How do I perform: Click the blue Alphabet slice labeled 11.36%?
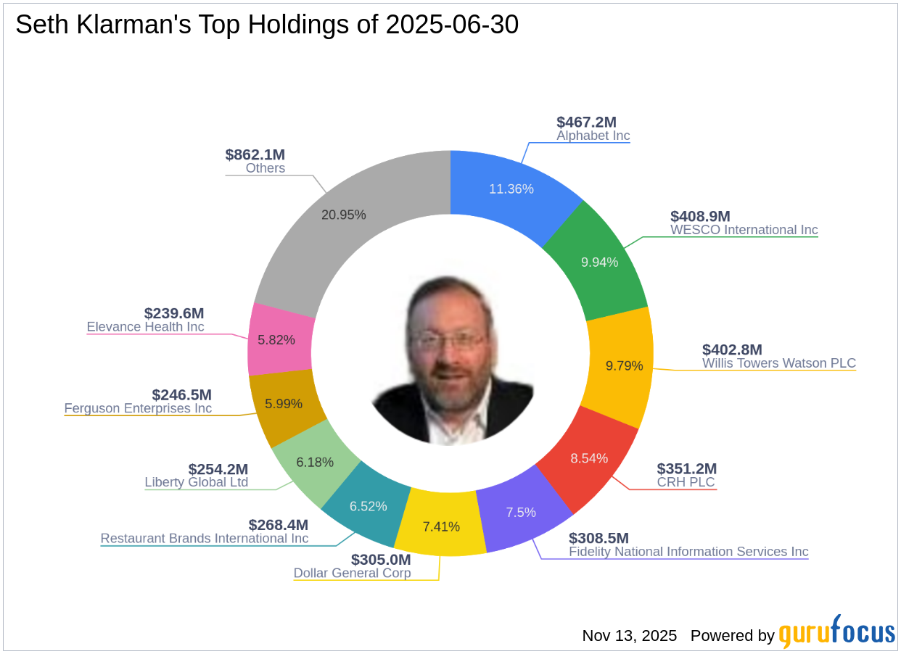click(511, 189)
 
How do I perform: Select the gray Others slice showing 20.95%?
click(343, 215)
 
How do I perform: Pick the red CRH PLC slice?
click(589, 458)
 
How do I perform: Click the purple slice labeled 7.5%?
click(520, 512)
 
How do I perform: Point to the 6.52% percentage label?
click(368, 506)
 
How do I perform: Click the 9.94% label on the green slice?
click(599, 262)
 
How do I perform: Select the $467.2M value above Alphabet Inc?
click(586, 122)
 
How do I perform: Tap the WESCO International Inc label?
click(744, 230)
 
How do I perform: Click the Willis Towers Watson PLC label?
click(778, 363)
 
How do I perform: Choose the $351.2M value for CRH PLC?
click(686, 468)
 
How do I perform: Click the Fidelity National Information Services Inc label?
click(688, 551)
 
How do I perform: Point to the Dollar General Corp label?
click(352, 573)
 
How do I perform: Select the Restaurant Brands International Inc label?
click(204, 538)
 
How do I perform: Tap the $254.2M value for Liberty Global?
click(218, 469)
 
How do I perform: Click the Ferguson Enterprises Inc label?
click(138, 408)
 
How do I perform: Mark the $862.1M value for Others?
click(255, 154)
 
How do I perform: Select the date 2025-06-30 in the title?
click(451, 25)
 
